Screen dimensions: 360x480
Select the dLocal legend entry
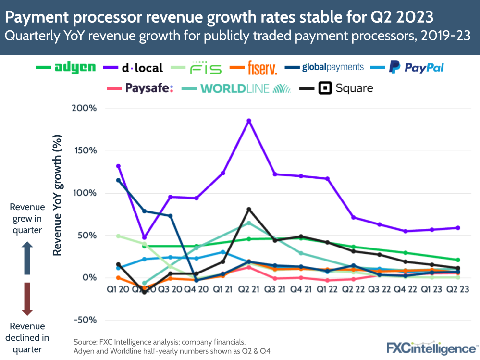coord(142,68)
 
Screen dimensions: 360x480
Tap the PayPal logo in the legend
coord(417,67)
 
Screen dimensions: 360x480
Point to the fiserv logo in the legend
coord(262,68)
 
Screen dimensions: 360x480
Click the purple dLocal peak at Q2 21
coord(249,121)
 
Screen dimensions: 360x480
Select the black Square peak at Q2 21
coord(249,209)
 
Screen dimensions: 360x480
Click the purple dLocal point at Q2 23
coord(458,228)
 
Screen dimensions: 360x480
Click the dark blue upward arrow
coord(27,258)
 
